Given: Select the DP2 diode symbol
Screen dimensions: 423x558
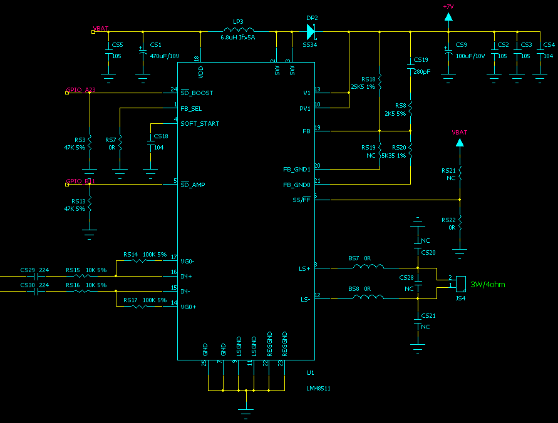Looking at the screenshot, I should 311,31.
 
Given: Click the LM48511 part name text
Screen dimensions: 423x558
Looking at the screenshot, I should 318,388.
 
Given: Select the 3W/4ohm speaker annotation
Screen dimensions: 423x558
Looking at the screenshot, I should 487,285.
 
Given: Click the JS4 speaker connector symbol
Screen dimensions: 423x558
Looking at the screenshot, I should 460,283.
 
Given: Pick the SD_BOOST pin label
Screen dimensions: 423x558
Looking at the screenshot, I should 197,93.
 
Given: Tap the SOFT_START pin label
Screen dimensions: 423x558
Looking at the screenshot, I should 200,123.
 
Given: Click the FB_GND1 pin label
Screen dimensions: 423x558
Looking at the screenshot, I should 297,170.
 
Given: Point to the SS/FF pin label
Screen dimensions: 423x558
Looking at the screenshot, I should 301,200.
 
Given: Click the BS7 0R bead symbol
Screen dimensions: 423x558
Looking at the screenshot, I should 368,267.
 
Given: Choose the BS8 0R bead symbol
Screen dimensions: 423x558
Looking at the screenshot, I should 368,298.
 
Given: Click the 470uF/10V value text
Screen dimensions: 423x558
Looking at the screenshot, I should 164,56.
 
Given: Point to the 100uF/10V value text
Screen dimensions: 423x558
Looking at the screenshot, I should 470,56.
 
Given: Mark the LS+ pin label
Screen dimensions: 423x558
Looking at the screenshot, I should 304,268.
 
